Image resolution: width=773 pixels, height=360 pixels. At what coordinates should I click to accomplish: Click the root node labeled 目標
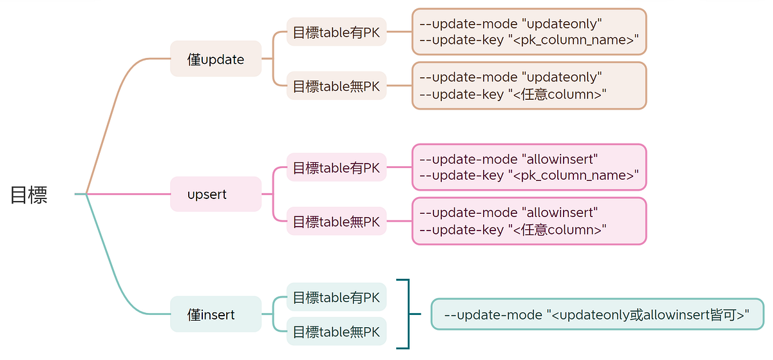click(29, 195)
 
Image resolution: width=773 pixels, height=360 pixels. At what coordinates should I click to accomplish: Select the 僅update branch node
click(216, 59)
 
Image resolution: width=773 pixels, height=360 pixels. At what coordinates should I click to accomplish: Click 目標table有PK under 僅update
click(336, 32)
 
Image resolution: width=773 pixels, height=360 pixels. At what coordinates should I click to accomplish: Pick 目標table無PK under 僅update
click(336, 86)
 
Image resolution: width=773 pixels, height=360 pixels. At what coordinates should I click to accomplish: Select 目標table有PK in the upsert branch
click(336, 167)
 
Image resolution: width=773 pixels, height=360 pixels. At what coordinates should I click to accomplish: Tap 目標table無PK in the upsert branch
click(336, 221)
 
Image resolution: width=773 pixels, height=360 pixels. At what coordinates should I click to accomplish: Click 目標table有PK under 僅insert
click(336, 297)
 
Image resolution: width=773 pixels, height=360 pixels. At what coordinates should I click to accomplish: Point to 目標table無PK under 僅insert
click(336, 332)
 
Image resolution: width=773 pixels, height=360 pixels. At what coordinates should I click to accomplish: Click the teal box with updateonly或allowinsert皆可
click(596, 314)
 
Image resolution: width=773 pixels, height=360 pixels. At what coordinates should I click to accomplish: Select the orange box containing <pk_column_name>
click(529, 32)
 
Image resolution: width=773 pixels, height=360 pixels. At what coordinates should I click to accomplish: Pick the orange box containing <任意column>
click(529, 86)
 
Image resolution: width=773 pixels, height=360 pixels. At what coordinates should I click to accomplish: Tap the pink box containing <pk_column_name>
click(529, 167)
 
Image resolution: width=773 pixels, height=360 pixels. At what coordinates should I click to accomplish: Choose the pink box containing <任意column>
click(529, 221)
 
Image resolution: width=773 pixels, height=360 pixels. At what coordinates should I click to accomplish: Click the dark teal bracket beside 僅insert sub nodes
click(408, 314)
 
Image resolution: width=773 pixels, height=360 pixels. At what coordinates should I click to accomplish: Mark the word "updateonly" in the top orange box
click(564, 24)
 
